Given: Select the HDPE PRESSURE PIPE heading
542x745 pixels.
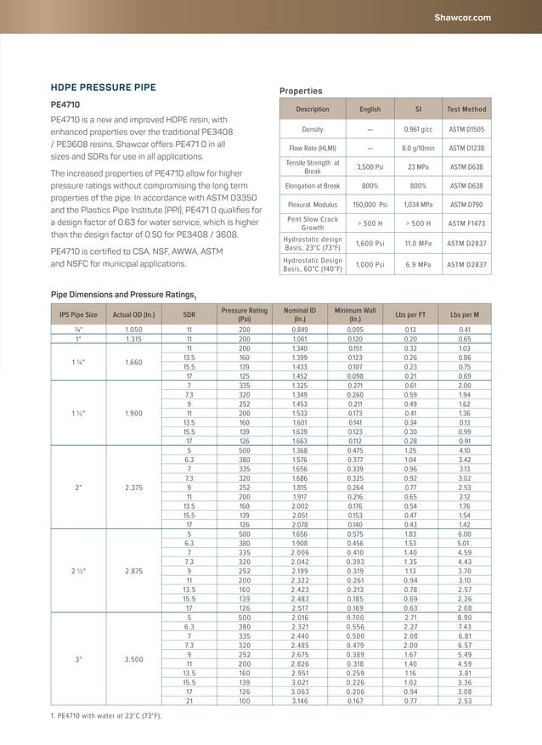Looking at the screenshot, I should (103, 87).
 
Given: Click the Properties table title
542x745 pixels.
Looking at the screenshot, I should (301, 91).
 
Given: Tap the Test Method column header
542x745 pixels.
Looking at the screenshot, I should (466, 110).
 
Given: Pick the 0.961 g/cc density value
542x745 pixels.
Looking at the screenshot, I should (418, 129).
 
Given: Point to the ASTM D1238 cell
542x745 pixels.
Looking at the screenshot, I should (466, 149).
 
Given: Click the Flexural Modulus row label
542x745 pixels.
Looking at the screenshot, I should (313, 205).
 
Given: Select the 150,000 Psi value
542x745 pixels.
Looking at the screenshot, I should (370, 205).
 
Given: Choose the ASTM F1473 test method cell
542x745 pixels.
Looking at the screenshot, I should (466, 224).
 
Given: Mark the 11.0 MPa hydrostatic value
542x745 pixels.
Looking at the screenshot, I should (418, 244).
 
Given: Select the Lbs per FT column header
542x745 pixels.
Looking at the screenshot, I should (410, 315).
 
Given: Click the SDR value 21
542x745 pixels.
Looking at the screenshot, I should (189, 701).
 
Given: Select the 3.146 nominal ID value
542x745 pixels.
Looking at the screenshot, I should (300, 701).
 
